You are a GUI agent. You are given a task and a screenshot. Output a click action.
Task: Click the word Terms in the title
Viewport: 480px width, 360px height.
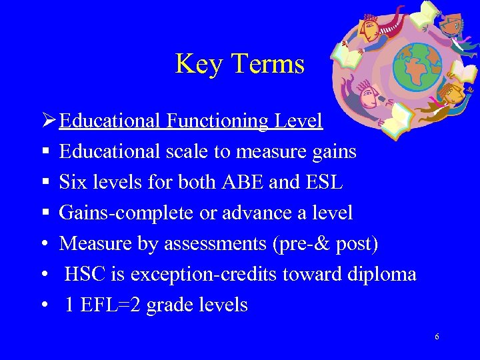267,65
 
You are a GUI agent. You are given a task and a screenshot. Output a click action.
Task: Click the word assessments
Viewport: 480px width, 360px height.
221,244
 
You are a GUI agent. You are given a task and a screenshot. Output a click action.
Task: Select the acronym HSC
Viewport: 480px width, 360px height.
84,274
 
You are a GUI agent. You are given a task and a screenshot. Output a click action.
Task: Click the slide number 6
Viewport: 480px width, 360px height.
437,337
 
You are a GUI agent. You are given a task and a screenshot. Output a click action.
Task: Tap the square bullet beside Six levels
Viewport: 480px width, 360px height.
43,182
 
